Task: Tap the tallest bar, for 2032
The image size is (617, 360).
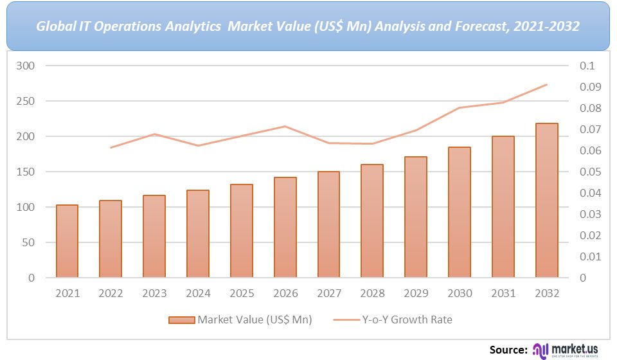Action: point(547,201)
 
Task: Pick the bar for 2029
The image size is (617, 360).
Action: point(416,217)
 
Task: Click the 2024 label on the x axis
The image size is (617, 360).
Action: point(198,293)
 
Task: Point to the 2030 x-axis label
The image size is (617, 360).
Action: point(460,293)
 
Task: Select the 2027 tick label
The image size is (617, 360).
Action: point(328,293)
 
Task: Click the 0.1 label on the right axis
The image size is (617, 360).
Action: point(587,66)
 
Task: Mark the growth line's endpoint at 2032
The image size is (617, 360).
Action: point(547,84)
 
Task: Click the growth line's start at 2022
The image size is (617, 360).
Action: point(111,148)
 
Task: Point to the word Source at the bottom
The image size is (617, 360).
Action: point(508,349)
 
